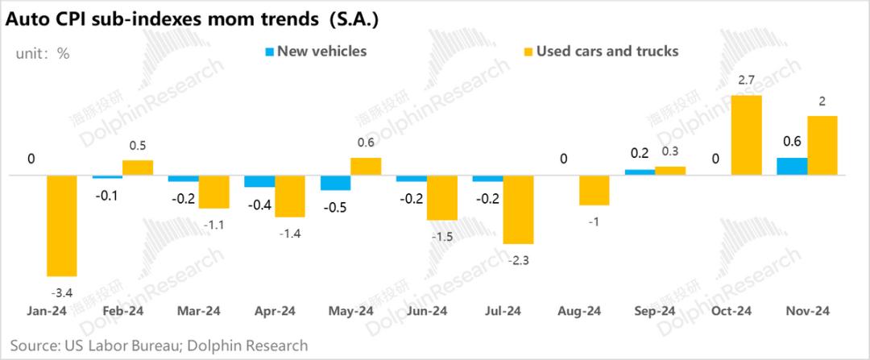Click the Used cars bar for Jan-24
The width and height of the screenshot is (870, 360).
pyautogui.click(x=62, y=226)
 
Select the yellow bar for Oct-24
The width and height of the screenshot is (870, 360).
pyautogui.click(x=746, y=135)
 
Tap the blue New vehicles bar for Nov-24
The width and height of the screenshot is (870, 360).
pyautogui.click(x=791, y=166)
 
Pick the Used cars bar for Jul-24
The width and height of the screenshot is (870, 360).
pyautogui.click(x=519, y=209)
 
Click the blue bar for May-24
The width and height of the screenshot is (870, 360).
pyautogui.click(x=335, y=183)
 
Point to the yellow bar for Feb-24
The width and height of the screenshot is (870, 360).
pyautogui.click(x=138, y=168)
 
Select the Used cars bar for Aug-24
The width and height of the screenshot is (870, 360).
pyautogui.click(x=594, y=190)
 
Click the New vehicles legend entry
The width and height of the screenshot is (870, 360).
pyautogui.click(x=315, y=52)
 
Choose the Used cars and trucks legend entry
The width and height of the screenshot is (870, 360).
pyautogui.click(x=600, y=52)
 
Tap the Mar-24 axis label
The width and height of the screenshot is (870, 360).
pyautogui.click(x=198, y=311)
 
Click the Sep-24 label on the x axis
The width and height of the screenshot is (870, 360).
pyautogui.click(x=654, y=311)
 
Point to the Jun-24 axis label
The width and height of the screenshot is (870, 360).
pyautogui.click(x=426, y=311)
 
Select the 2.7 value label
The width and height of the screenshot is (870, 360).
pyautogui.click(x=746, y=81)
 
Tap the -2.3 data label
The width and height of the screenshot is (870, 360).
pyautogui.click(x=519, y=259)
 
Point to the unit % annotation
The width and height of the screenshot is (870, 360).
pyautogui.click(x=43, y=54)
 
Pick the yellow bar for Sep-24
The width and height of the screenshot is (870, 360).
pyautogui.click(x=670, y=171)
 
